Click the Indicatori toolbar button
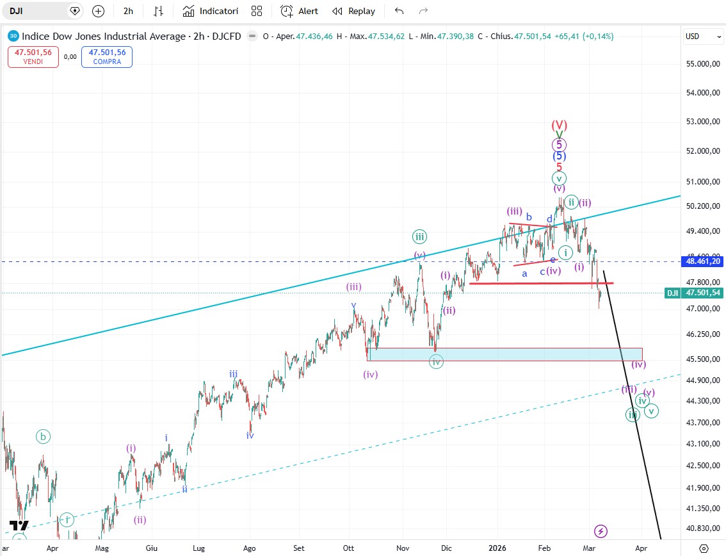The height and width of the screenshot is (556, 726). point(211,11)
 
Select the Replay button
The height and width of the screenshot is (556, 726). point(354,11)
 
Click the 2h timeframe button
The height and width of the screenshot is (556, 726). point(129,11)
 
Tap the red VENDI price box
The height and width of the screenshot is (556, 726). point(33,57)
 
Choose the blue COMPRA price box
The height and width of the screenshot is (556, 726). point(107,57)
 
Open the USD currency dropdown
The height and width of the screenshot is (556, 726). point(703,37)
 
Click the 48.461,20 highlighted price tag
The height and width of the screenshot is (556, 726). point(702,261)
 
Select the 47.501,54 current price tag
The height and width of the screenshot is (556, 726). point(702,293)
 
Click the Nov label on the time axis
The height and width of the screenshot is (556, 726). point(403,548)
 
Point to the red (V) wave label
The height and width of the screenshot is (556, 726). point(560,125)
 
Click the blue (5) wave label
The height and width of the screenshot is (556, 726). point(560,156)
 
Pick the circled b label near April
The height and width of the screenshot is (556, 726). point(43,437)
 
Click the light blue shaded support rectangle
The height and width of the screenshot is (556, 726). point(505,354)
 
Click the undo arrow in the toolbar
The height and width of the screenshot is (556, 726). point(399,11)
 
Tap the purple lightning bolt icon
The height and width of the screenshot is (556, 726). point(601,531)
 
